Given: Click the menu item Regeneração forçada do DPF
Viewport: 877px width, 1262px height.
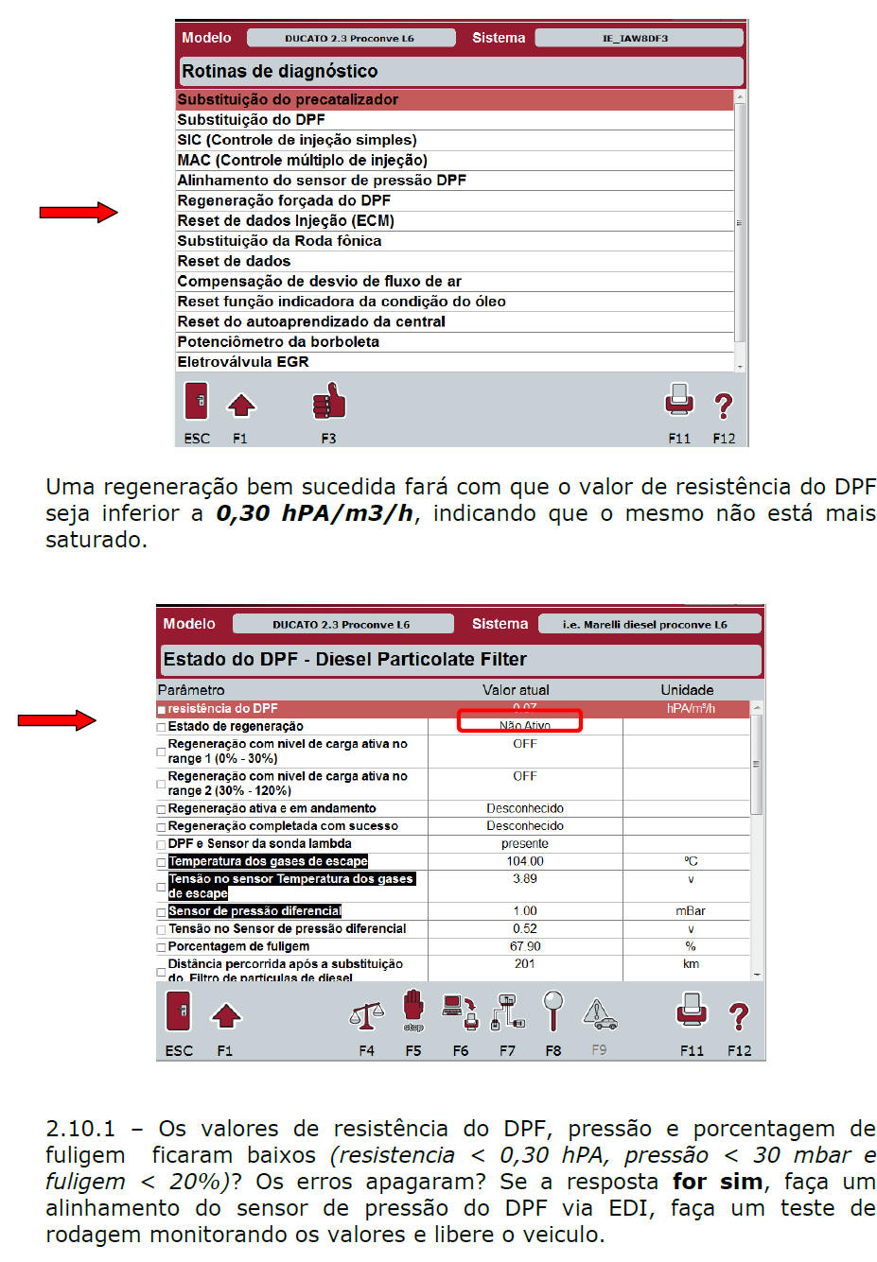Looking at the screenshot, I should click(x=284, y=200).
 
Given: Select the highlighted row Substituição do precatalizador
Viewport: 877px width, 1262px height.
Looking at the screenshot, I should click(x=288, y=99).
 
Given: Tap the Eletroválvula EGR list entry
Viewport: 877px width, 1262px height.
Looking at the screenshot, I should click(x=243, y=362).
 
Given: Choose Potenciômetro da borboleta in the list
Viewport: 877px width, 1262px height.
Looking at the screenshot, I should click(x=278, y=342).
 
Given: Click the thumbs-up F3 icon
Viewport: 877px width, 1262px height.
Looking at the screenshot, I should click(x=328, y=403).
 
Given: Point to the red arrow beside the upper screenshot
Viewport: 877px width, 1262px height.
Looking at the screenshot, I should click(x=79, y=213).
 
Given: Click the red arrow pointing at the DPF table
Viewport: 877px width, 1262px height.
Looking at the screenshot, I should click(x=57, y=720).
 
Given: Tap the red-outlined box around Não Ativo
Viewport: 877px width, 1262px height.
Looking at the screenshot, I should click(x=519, y=721).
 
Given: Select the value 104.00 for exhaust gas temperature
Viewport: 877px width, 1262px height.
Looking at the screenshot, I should click(x=525, y=861).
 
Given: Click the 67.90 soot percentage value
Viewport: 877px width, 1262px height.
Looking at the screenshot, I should click(x=525, y=946).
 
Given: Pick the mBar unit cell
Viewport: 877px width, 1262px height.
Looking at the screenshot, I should click(x=691, y=911).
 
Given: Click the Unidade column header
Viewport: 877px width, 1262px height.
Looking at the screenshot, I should click(x=687, y=690).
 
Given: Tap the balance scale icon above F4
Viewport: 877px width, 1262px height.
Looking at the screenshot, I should click(x=366, y=1015).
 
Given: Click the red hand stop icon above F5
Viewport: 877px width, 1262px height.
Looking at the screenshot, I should click(x=413, y=1011).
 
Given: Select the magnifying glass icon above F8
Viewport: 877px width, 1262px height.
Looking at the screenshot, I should click(x=553, y=1010).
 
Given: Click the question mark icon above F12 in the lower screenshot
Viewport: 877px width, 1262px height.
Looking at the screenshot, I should click(x=739, y=1016).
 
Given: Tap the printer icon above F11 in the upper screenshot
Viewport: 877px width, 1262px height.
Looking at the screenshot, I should click(x=679, y=401).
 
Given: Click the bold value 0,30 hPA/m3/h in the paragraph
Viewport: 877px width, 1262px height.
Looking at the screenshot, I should click(x=314, y=513).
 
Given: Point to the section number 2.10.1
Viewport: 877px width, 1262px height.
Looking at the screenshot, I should click(x=80, y=1129).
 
